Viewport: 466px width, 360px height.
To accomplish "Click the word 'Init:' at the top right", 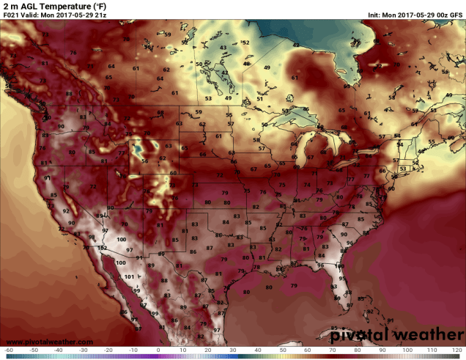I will (x=377, y=15).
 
